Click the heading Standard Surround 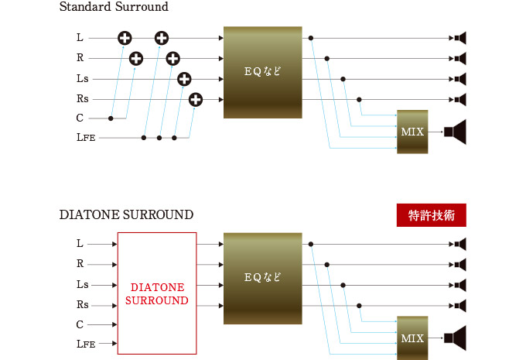(114, 7)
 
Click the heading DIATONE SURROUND (126, 214)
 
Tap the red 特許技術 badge (431, 216)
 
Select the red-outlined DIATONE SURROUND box (157, 293)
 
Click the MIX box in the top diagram (412, 131)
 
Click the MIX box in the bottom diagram (412, 338)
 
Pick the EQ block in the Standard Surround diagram (262, 72)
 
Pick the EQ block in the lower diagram (262, 278)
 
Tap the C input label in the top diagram (80, 118)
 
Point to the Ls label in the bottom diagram (82, 284)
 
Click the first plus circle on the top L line (125, 37)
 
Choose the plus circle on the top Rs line (195, 98)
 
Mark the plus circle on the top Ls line (184, 78)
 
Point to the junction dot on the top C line (111, 118)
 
